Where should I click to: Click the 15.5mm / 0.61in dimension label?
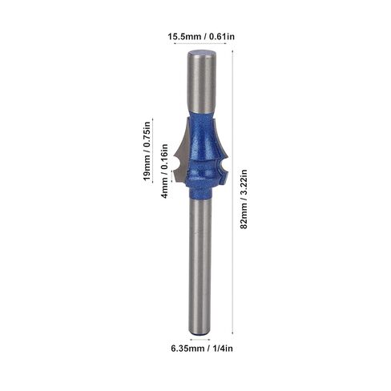pyautogui.click(x=201, y=36)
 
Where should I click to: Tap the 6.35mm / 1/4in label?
pyautogui.click(x=202, y=349)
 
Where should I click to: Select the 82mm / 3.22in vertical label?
pyautogui.click(x=244, y=199)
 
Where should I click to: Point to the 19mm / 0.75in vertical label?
pyautogui.click(x=147, y=151)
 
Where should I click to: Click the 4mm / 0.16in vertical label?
pyautogui.click(x=164, y=171)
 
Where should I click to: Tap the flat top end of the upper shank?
pyautogui.click(x=201, y=54)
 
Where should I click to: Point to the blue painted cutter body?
pyautogui.click(x=201, y=152)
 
